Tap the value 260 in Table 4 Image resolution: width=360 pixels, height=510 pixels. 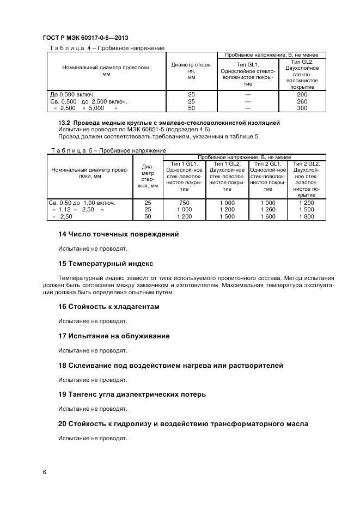(302, 101)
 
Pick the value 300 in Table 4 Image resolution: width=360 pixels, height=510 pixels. (302, 108)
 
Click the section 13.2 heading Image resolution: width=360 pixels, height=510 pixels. (169, 123)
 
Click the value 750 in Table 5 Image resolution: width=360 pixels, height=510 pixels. (185, 203)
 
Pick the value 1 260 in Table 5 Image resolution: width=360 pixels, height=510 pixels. (268, 209)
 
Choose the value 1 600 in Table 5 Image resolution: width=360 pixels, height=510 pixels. (268, 216)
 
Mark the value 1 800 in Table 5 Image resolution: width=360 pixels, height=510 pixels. (306, 216)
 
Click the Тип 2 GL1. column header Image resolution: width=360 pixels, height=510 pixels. (268, 163)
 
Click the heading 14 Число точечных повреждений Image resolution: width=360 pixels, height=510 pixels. (118, 234)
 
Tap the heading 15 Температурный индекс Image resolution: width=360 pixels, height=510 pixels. (106, 264)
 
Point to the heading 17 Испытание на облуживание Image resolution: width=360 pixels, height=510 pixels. (114, 336)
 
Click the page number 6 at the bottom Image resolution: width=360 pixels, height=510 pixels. (44, 472)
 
